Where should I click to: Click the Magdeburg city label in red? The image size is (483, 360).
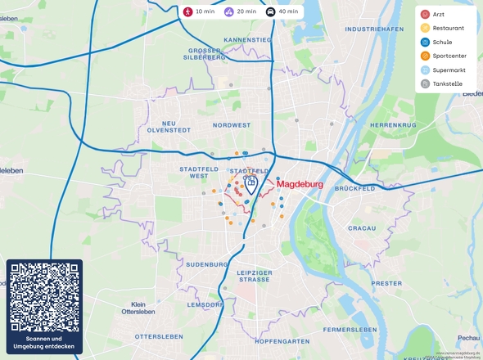[x=300, y=185]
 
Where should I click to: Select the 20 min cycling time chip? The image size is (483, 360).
[x=241, y=11]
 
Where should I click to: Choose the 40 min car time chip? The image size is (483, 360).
[x=282, y=11]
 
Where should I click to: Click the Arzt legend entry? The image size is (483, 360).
[x=438, y=14]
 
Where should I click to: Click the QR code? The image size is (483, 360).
[x=44, y=296]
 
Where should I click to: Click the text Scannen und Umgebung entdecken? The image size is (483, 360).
[x=44, y=342]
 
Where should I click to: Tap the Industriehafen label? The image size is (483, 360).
[x=374, y=29]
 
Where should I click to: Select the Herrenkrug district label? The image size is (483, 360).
[x=393, y=124]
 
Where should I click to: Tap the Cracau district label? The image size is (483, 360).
[x=361, y=227]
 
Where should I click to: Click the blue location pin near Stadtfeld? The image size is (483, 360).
[x=252, y=183]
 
